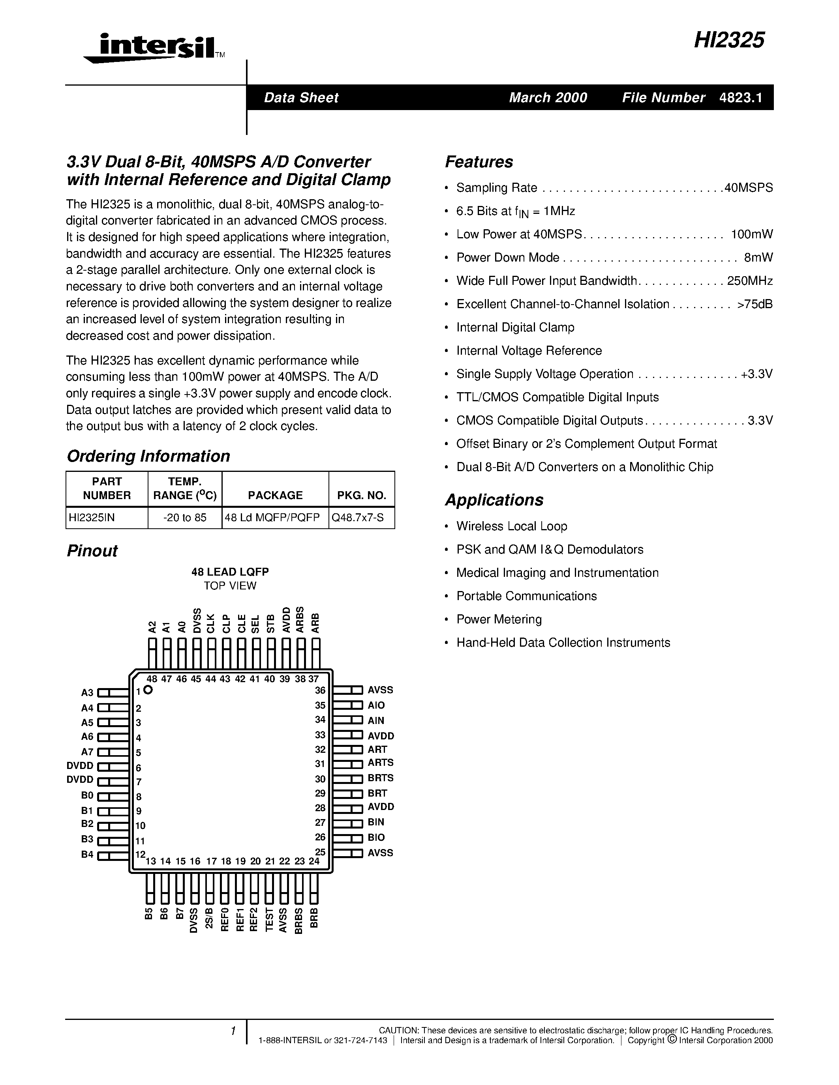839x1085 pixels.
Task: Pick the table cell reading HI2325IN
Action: [92, 518]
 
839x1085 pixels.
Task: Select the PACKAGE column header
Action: [275, 495]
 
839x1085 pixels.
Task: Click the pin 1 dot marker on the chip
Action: [148, 690]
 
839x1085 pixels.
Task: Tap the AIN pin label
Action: [376, 720]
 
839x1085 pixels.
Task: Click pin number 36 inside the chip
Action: [320, 690]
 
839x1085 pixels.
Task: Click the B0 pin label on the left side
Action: [87, 795]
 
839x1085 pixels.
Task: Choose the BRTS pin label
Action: [380, 778]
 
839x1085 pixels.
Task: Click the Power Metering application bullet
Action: [499, 619]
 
